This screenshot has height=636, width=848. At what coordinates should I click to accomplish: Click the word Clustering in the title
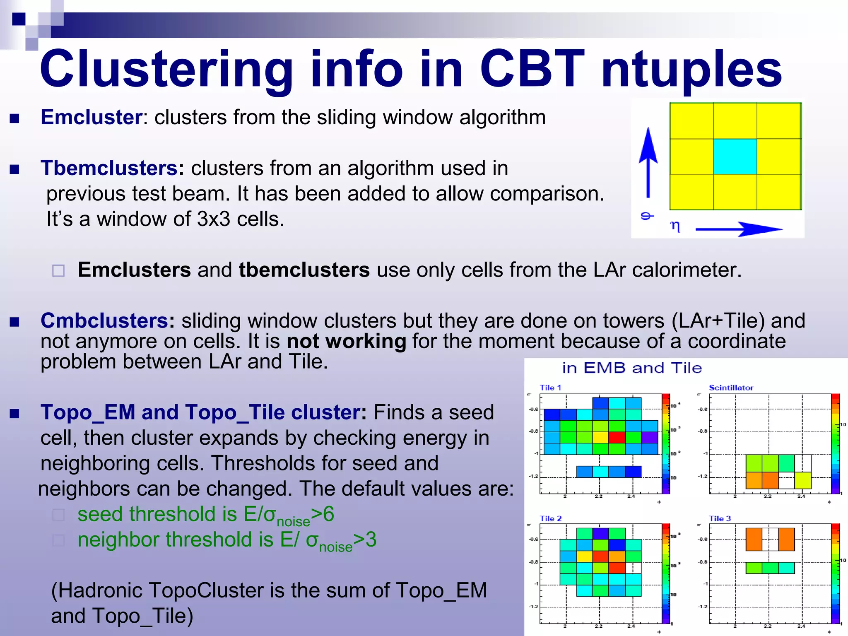tap(166, 70)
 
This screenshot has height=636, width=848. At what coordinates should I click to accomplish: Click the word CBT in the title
tap(532, 70)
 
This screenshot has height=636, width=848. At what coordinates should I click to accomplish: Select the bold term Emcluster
tap(92, 117)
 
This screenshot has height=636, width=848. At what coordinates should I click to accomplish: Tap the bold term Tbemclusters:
tap(112, 168)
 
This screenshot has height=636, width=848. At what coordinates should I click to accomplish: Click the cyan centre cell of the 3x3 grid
tap(735, 157)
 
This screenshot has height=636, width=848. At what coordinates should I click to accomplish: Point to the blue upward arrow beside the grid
tap(648, 161)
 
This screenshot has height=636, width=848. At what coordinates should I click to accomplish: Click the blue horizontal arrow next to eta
tap(739, 229)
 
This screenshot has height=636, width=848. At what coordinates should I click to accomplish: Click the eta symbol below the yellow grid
tap(675, 226)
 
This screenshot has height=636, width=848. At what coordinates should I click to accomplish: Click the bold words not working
tap(346, 342)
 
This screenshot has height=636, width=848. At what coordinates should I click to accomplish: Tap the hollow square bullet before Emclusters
tap(58, 271)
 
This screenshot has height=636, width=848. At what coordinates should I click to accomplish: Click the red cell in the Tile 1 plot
tap(617, 437)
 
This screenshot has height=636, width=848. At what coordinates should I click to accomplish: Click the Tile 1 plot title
tap(550, 388)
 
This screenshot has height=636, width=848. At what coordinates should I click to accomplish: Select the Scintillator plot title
tap(731, 388)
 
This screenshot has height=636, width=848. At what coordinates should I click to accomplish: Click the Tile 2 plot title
tap(551, 518)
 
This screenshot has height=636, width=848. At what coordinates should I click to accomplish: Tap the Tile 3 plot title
tap(720, 518)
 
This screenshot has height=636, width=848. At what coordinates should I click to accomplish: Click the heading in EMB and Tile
tap(632, 368)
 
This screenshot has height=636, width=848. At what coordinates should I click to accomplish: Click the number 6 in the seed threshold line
tap(328, 514)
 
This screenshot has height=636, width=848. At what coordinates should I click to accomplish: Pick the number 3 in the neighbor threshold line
tap(371, 540)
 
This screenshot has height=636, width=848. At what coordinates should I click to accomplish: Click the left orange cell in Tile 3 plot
tap(754, 539)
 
